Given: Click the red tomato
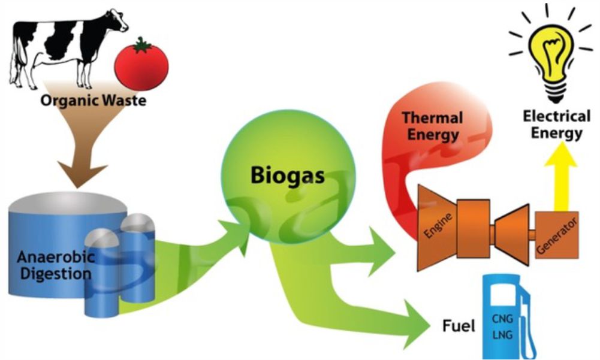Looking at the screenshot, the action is tap(141, 65).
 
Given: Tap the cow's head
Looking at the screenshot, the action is tap(117, 20).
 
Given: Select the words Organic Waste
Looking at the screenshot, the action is tap(93, 101).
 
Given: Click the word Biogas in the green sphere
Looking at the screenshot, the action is tap(288, 176).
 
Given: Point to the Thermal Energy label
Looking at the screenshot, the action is tap(432, 126).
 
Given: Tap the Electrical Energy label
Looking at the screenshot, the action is tap(556, 125).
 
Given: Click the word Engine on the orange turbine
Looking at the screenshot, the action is tap(438, 226).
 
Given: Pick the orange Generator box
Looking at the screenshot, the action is tap(556, 235).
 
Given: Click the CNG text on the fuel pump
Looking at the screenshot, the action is tap(502, 318).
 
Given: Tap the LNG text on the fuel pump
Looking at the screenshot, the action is tap(502, 335).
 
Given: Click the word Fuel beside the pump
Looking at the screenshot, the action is tap(459, 326).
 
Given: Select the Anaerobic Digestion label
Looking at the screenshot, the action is tap(56, 265).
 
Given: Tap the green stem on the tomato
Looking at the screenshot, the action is tap(142, 45).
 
